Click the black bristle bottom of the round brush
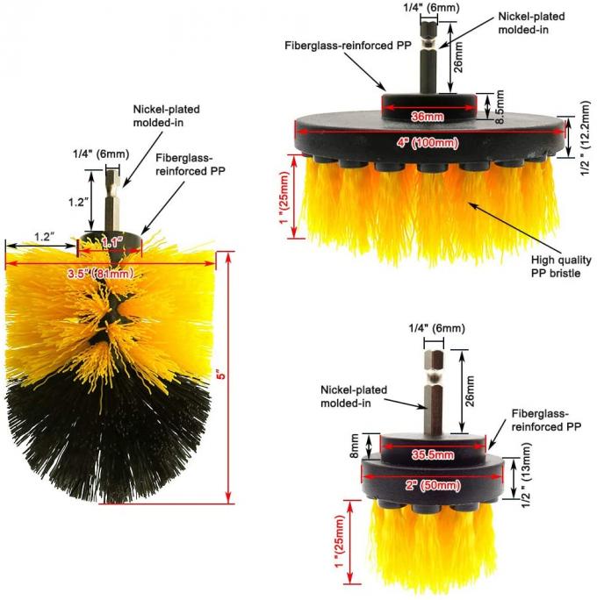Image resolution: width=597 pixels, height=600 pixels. pyautogui.click(x=105, y=439)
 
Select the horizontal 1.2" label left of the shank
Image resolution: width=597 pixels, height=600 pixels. pyautogui.click(x=44, y=235)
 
